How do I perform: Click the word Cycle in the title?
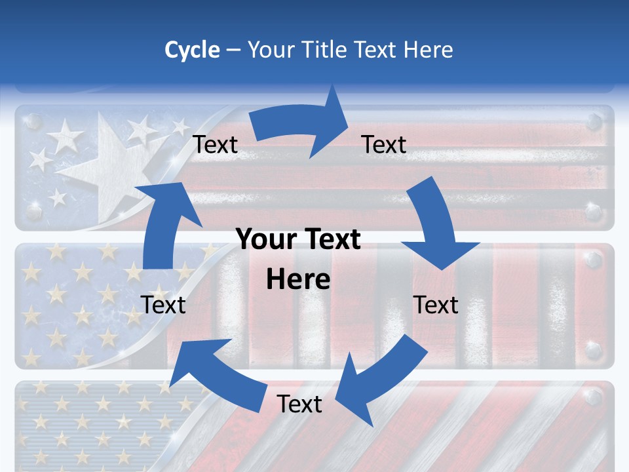click(x=192, y=50)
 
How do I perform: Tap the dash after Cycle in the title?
click(x=233, y=50)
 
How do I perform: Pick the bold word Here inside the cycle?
click(x=298, y=280)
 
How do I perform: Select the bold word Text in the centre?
click(x=329, y=240)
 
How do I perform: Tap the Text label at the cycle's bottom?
click(x=299, y=404)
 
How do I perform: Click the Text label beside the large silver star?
click(x=216, y=145)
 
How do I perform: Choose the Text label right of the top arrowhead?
click(x=384, y=144)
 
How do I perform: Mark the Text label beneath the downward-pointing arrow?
click(x=436, y=305)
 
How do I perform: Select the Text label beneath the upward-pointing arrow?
click(x=164, y=305)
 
